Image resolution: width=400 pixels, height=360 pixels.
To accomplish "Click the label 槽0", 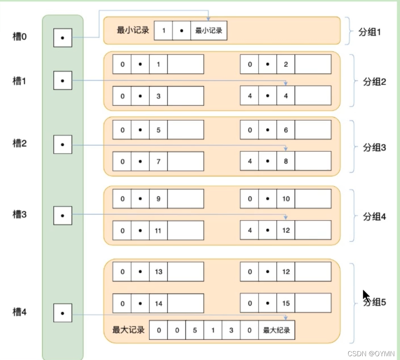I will pos(19,37).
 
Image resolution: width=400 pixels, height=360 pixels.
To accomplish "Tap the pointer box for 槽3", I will pos(63,216).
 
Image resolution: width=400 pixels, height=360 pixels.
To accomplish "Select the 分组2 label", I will pos(374,82).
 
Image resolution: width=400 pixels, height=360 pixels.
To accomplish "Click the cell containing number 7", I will pos(158,161).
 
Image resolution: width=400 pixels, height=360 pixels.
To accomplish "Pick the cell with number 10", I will pos(286,199).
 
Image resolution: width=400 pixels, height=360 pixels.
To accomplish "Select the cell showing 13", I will pos(158,271).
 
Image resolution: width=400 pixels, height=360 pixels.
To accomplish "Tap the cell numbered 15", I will pos(286,303).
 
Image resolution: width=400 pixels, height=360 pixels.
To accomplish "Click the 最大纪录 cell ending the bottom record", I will pos(277,330).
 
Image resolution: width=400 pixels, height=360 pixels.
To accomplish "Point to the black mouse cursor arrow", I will pos(366,295).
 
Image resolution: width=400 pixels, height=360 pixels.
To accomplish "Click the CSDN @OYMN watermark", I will pos(371,354).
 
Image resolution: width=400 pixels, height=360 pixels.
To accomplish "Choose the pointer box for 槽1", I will pos(63,80).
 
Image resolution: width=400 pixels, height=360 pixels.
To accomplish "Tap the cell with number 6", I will pos(286,130).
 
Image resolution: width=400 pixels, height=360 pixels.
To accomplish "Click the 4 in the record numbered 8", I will pos(250,161).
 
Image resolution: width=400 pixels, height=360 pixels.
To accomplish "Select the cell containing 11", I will pos(158,230).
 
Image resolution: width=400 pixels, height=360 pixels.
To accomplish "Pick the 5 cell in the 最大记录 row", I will pos(195,330).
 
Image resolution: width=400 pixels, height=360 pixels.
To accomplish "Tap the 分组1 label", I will pos(369,32).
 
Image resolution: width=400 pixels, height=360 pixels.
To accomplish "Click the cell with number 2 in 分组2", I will pos(286,64).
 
